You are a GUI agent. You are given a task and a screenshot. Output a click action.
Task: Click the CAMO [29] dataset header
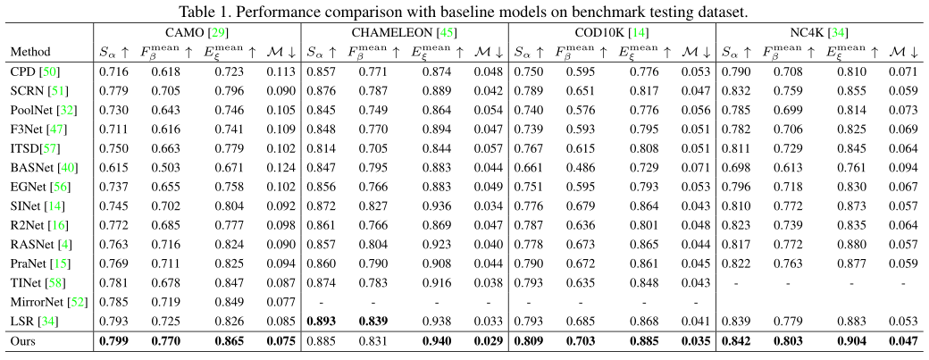coord(197,32)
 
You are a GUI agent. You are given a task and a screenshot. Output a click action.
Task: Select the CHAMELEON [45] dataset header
coord(404,32)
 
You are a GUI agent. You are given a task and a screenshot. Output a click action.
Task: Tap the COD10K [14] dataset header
coord(612,32)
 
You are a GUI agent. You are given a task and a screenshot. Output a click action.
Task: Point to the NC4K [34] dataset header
coord(819,32)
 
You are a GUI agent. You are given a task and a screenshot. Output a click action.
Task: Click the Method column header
coord(30,53)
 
